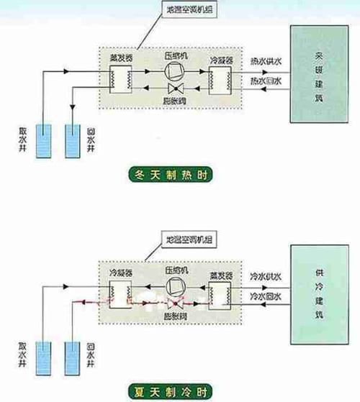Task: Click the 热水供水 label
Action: click(x=264, y=62)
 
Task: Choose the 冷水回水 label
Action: click(x=264, y=296)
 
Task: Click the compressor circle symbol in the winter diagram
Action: click(x=174, y=70)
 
